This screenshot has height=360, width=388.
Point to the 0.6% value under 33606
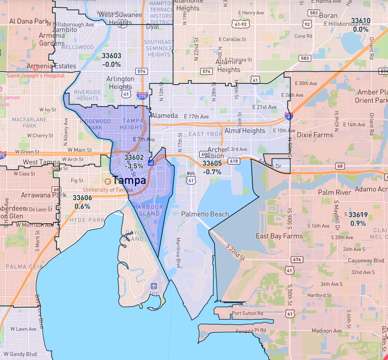click(82, 206)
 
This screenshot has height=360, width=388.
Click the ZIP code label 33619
click(358, 215)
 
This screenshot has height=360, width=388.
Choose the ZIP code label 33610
click(360, 21)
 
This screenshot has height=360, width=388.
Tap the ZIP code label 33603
click(111, 56)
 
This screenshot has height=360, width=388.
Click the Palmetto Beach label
click(205, 214)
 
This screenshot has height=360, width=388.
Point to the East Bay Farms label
click(279, 236)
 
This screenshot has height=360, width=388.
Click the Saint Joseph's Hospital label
click(35, 75)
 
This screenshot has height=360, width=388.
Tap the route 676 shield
click(297, 260)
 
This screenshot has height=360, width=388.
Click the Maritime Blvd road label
click(178, 252)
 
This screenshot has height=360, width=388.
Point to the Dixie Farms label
click(315, 135)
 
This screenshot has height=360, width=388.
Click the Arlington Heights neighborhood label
click(120, 83)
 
